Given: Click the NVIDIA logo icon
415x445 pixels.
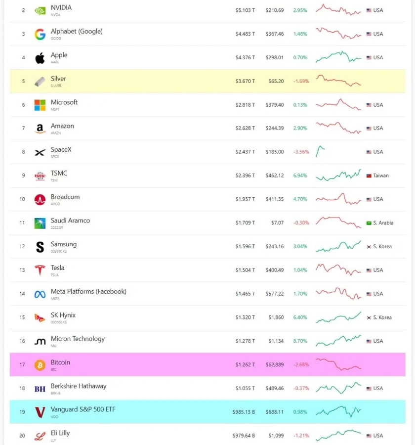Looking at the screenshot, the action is click(40, 11).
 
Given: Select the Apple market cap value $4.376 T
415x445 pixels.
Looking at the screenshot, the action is click(245, 58).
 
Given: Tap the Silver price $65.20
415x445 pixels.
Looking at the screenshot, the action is click(276, 81).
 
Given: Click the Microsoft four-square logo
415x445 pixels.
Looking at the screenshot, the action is click(40, 105).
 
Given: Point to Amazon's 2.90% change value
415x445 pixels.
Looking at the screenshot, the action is click(300, 128).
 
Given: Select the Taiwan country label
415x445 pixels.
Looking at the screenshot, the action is click(381, 176).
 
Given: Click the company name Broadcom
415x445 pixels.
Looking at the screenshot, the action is click(65, 197).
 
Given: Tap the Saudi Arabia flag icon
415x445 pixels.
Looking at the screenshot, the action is click(369, 223).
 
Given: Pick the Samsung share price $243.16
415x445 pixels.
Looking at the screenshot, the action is click(275, 246).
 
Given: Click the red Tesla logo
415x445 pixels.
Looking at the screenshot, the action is click(40, 270).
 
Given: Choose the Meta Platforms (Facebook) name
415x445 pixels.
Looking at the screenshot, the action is click(88, 291).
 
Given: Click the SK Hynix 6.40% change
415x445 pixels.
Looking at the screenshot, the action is click(300, 317).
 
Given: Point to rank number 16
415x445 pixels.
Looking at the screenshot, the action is click(22, 341).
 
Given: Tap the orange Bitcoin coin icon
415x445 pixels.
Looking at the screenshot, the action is click(40, 365).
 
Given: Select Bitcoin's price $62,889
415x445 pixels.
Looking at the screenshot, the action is click(275, 365).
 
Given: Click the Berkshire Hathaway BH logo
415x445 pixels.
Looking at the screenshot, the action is click(40, 389).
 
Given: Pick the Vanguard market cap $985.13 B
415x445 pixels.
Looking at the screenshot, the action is click(244, 412).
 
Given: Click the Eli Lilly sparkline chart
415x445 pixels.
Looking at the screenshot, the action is click(338, 435).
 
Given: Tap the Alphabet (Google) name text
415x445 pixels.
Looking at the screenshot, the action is click(77, 32).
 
